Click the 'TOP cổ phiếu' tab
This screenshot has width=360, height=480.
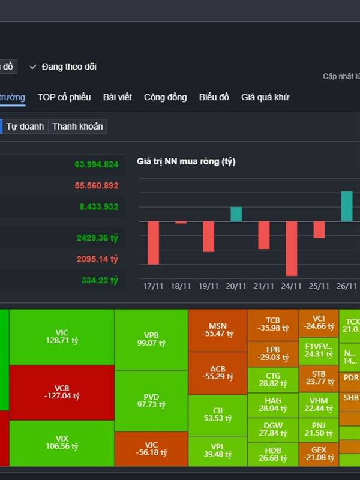coord(64,97)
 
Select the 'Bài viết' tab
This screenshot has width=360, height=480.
coord(117,97)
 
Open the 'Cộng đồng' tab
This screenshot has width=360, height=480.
coord(165,97)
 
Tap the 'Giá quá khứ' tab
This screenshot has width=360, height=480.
coord(265,97)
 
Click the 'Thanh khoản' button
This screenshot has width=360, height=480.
coord(77,127)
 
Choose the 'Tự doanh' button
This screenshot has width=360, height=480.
coord(25,127)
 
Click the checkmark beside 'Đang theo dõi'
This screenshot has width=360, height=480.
coord(33,67)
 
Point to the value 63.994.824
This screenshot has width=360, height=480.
coord(97,164)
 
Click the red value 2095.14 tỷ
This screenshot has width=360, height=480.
coord(97,259)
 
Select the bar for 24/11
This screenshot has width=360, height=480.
coord(292,248)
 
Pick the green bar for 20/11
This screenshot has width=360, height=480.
coord(236,214)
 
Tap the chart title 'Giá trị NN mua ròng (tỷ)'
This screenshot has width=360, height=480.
coord(187,162)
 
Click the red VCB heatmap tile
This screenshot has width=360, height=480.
coord(62,392)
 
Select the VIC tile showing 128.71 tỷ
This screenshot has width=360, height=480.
coord(62,337)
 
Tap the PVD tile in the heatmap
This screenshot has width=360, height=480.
coord(151,400)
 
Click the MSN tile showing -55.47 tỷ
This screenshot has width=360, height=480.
coord(217,329)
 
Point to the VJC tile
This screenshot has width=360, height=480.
coord(151,448)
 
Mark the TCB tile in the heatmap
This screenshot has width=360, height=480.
coord(273,325)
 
